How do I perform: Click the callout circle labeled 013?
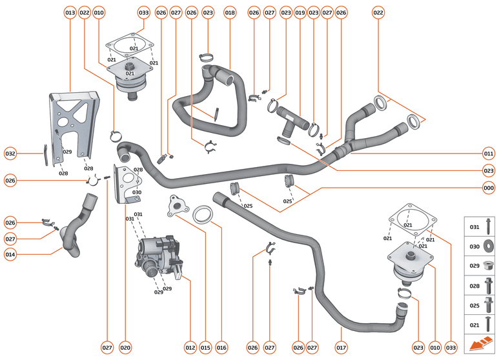70,12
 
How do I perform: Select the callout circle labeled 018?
230,12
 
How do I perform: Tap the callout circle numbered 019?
300,12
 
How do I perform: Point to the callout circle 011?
488,154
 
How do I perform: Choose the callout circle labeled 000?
488,188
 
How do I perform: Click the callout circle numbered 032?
10,154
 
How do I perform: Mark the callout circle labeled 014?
10,254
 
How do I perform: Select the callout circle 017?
341,348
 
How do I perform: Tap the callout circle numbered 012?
190,348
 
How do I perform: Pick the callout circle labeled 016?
221,348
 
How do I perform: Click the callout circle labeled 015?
205,348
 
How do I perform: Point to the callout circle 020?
125,348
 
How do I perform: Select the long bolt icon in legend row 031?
489,226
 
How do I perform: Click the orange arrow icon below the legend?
480,346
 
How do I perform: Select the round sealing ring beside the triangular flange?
205,214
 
